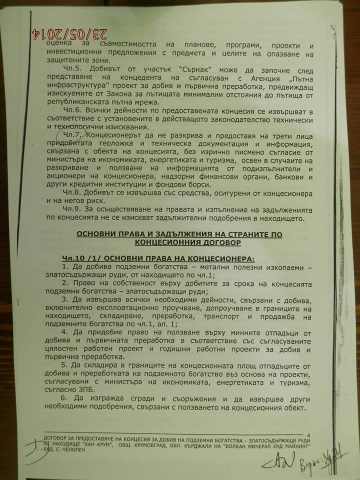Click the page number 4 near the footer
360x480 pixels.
click(x=308, y=435)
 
